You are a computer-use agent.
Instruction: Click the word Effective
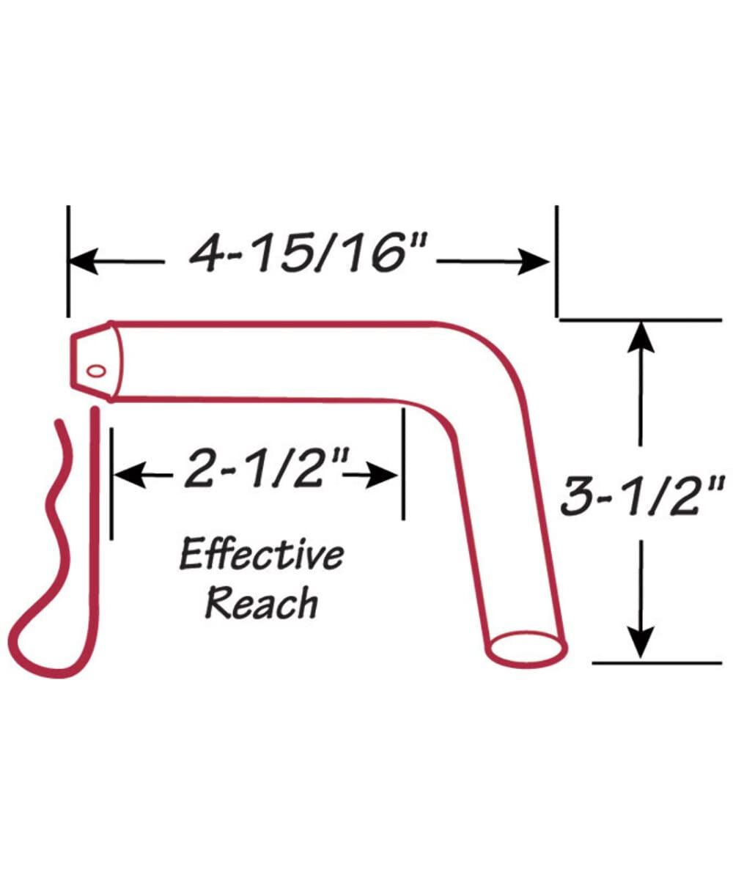tap(262, 555)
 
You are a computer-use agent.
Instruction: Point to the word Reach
tap(262, 602)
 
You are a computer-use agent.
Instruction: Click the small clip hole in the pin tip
tap(96, 372)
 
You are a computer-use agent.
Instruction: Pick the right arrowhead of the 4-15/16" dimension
tap(534, 262)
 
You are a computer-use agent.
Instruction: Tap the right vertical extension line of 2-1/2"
tap(403, 464)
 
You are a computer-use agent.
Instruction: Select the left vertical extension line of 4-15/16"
tap(68, 262)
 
